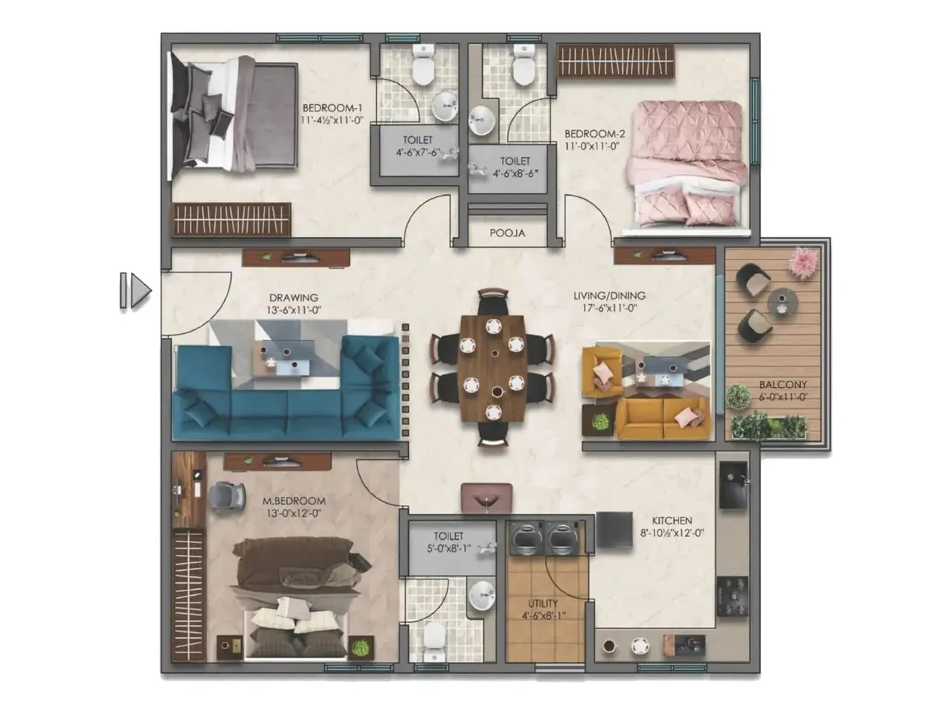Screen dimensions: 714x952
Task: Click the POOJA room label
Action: pos(507,233)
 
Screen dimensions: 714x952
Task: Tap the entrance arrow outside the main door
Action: pos(136,291)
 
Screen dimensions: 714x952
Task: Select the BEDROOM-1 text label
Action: pos(332,108)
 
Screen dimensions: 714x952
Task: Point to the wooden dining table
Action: pos(492,368)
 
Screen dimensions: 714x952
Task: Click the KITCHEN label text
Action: pos(672,521)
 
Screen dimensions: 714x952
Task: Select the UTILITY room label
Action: pos(543,603)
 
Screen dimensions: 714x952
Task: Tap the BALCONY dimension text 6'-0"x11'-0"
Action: pos(782,397)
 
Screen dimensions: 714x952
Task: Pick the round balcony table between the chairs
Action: pos(782,302)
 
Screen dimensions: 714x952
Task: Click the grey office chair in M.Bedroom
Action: pos(227,496)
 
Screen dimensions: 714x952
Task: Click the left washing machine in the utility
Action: pos(526,538)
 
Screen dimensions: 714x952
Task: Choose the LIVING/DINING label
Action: pos(609,295)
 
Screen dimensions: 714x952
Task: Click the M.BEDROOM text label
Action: pos(295,501)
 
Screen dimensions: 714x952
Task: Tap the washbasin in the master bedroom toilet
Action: pos(481,595)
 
